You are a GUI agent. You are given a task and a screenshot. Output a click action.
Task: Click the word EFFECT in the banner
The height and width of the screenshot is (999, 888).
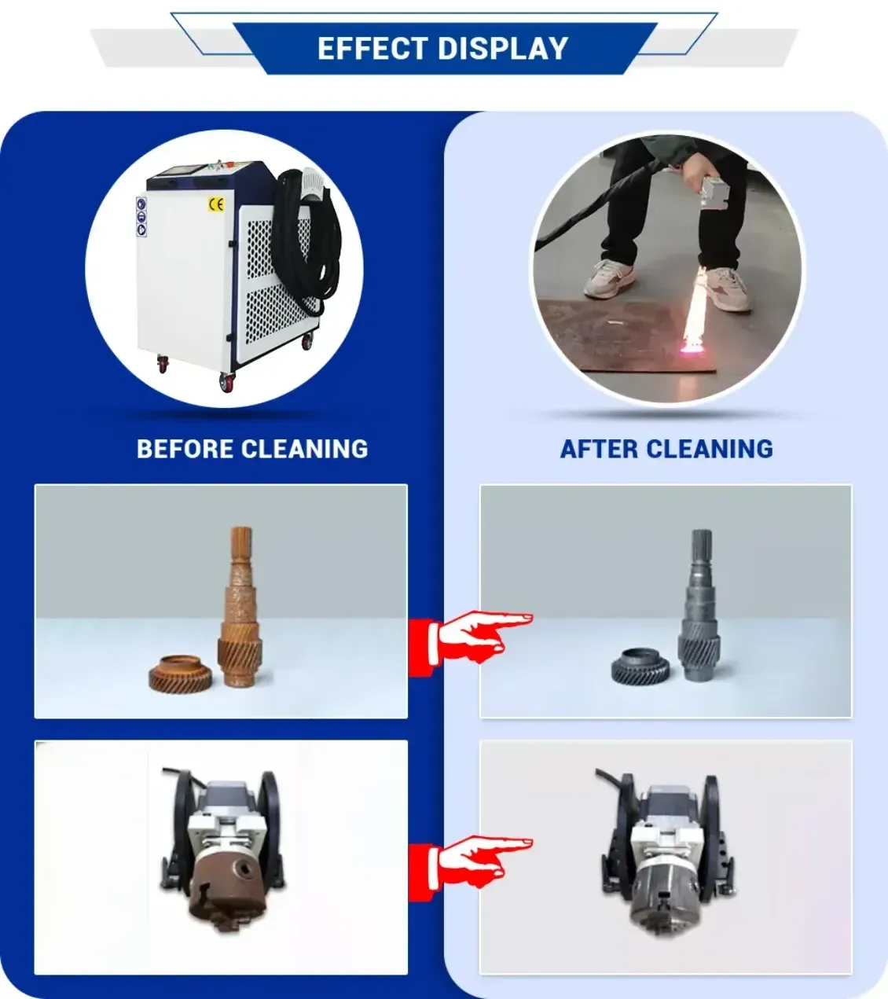pos(372,48)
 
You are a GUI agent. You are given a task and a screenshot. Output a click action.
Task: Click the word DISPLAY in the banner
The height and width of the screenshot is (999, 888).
pos(503,48)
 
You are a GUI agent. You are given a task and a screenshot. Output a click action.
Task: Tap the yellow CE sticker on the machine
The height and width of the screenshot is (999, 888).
pos(216,204)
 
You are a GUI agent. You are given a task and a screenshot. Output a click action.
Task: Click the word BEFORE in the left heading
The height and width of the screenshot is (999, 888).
pos(185,449)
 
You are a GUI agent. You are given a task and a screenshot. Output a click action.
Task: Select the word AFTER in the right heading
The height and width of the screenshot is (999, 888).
pos(599,449)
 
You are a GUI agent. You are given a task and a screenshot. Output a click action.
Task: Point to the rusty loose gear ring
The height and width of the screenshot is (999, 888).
pos(181,673)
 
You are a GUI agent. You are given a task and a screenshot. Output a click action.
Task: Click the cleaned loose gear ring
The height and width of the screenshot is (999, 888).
pos(640,667)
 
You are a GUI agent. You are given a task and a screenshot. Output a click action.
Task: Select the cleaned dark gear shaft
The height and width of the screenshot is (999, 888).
pos(700,604)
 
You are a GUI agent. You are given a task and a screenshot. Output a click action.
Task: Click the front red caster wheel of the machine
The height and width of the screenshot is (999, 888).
pos(227,383)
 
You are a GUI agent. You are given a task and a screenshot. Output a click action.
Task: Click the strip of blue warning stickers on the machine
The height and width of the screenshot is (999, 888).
pos(141,217)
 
